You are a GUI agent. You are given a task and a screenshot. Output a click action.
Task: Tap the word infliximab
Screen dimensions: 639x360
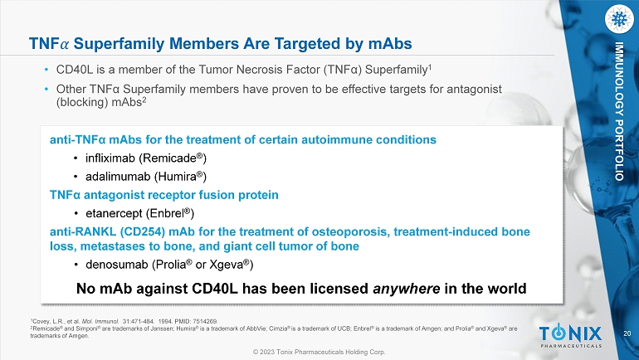[110, 158]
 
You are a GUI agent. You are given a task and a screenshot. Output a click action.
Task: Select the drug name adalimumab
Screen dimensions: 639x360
[118, 177]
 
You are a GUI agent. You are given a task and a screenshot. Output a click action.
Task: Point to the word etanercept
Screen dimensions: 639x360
[115, 214]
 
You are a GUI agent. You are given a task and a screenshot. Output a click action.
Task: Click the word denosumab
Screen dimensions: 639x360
[116, 265]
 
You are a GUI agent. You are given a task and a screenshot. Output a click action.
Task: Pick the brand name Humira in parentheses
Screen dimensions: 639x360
[177, 177]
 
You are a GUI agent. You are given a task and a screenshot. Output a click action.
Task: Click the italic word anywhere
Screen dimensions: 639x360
[407, 289]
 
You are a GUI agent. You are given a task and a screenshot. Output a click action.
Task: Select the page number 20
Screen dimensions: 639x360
[627, 333]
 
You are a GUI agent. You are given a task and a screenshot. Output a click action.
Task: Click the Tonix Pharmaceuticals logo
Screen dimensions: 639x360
[571, 336]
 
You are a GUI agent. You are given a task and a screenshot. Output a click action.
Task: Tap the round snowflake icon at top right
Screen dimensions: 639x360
[619, 19]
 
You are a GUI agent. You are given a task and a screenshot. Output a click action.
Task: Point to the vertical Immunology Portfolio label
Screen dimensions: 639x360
[619, 111]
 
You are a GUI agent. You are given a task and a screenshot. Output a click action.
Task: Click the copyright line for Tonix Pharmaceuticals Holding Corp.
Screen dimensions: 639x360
[319, 352]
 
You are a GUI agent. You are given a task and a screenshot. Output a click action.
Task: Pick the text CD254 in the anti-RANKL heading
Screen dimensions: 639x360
[142, 231]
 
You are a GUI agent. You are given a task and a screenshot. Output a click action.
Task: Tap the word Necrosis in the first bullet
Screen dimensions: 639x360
[260, 70]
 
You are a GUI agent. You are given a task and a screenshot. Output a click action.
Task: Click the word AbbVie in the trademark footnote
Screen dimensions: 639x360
[256, 328]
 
